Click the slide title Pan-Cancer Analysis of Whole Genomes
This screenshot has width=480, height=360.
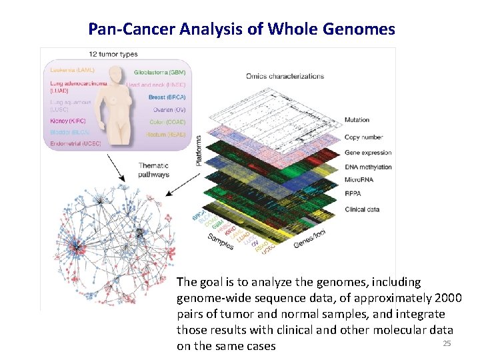[241, 29]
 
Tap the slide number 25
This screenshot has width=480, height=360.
[447, 343]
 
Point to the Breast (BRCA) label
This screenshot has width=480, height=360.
[167, 97]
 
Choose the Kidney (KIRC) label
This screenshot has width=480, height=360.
[68, 121]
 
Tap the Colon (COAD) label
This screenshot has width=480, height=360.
[167, 121]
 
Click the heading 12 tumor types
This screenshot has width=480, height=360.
[113, 53]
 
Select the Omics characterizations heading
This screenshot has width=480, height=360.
[285, 75]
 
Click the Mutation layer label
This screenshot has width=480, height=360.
[357, 120]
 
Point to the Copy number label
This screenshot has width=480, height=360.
[363, 137]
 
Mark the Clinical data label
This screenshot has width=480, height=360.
[362, 209]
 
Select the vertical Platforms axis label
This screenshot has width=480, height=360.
[198, 151]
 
